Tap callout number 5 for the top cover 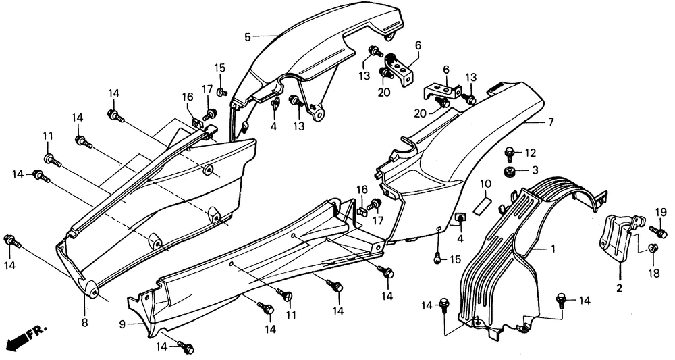click(x=248, y=36)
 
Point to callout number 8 click(x=85, y=323)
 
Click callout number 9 click(x=123, y=324)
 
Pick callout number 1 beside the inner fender click(x=553, y=249)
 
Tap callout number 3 click(x=535, y=170)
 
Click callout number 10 click(x=485, y=184)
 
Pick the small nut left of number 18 click(x=653, y=248)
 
